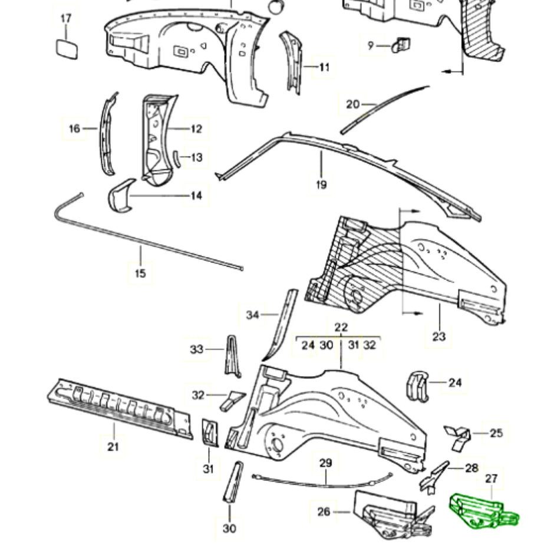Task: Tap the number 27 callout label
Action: click(x=492, y=479)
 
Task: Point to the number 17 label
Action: click(x=66, y=18)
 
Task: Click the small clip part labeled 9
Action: click(x=402, y=44)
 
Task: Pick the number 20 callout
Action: click(x=352, y=104)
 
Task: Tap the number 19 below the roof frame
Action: click(x=321, y=185)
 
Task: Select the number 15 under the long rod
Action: click(x=140, y=273)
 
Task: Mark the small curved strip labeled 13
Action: click(x=176, y=157)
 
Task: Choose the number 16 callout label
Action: click(x=74, y=128)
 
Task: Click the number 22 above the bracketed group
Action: click(x=341, y=327)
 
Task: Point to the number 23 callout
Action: click(x=438, y=337)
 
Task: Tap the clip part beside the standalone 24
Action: click(x=417, y=386)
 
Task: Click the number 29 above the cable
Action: click(x=325, y=463)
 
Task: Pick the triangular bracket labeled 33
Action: click(x=233, y=355)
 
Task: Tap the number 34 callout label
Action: click(x=252, y=315)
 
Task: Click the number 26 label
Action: click(x=324, y=512)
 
